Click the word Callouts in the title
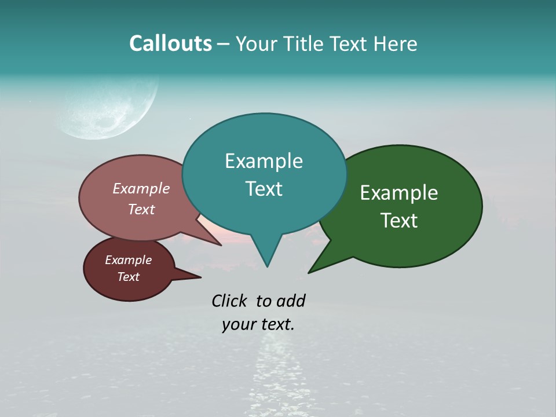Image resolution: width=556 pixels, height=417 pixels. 170,44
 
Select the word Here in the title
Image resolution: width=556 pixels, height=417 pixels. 395,44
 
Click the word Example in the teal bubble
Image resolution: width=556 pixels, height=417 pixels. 264,161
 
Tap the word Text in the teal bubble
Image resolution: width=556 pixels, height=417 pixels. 264,189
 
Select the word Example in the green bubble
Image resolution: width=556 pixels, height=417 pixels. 399,193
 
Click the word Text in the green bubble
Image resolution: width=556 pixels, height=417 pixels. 399,221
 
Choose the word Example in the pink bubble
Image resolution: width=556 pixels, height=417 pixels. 141,188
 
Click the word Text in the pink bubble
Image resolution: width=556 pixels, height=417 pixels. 141,209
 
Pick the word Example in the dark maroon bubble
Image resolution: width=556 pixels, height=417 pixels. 128,260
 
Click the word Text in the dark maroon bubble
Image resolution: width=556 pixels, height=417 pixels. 128,277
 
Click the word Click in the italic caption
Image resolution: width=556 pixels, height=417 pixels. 229,301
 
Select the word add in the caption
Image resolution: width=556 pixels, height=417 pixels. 291,301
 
